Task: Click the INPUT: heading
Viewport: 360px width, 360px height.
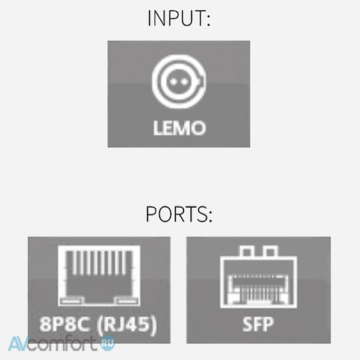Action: pyautogui.click(x=179, y=18)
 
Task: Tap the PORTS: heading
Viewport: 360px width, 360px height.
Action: pyautogui.click(x=179, y=214)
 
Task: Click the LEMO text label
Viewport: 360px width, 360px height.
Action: pyautogui.click(x=179, y=128)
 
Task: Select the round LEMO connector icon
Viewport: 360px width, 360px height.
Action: pyautogui.click(x=179, y=81)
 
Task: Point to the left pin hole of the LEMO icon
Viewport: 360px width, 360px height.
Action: pyautogui.click(x=173, y=81)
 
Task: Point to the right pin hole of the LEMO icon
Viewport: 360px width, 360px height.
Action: pyautogui.click(x=184, y=81)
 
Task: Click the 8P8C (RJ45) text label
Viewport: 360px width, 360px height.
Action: pyautogui.click(x=98, y=324)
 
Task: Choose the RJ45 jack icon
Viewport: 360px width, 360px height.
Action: pyautogui.click(x=99, y=276)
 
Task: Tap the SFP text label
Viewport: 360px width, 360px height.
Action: pyautogui.click(x=258, y=324)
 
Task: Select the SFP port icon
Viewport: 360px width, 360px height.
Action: pyautogui.click(x=258, y=277)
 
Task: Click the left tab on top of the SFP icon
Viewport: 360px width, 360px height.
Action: pyautogui.click(x=247, y=252)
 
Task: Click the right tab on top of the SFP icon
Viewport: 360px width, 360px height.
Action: pyautogui.click(x=270, y=252)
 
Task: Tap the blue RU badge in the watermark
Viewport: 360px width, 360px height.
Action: pyautogui.click(x=107, y=343)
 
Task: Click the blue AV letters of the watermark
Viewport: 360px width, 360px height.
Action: pyautogui.click(x=18, y=344)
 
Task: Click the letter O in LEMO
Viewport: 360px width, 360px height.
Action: pyautogui.click(x=198, y=128)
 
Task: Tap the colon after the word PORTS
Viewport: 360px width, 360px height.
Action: pyautogui.click(x=210, y=216)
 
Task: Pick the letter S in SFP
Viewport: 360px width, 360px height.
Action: pyautogui.click(x=247, y=324)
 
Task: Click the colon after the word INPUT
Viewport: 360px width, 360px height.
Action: pyautogui.click(x=208, y=20)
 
